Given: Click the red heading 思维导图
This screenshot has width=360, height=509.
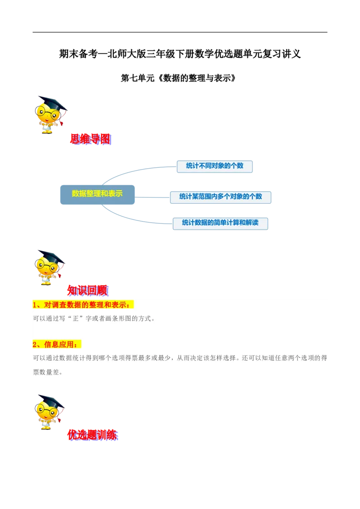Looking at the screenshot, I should click(90, 140).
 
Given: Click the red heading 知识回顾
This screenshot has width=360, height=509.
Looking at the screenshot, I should click(87, 291).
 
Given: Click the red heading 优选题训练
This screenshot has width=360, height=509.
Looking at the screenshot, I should click(92, 435).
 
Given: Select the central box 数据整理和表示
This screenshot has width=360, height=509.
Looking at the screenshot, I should click(97, 194).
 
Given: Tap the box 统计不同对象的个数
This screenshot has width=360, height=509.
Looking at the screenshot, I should click(215, 166).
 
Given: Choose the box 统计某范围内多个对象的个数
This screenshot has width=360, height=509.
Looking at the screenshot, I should click(220, 196).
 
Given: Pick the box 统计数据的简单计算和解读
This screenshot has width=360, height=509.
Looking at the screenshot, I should click(220, 223).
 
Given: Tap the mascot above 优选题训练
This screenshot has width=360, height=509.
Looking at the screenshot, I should click(49, 411).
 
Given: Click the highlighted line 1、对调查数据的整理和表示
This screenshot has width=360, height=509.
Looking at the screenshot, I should click(83, 305).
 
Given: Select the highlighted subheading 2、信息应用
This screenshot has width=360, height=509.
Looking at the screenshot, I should click(57, 344).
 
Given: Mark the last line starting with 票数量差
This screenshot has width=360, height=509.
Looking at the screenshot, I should click(48, 372).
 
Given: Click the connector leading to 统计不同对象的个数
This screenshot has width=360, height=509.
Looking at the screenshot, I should click(135, 170).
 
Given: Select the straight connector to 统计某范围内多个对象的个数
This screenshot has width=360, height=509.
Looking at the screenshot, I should click(153, 196).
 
